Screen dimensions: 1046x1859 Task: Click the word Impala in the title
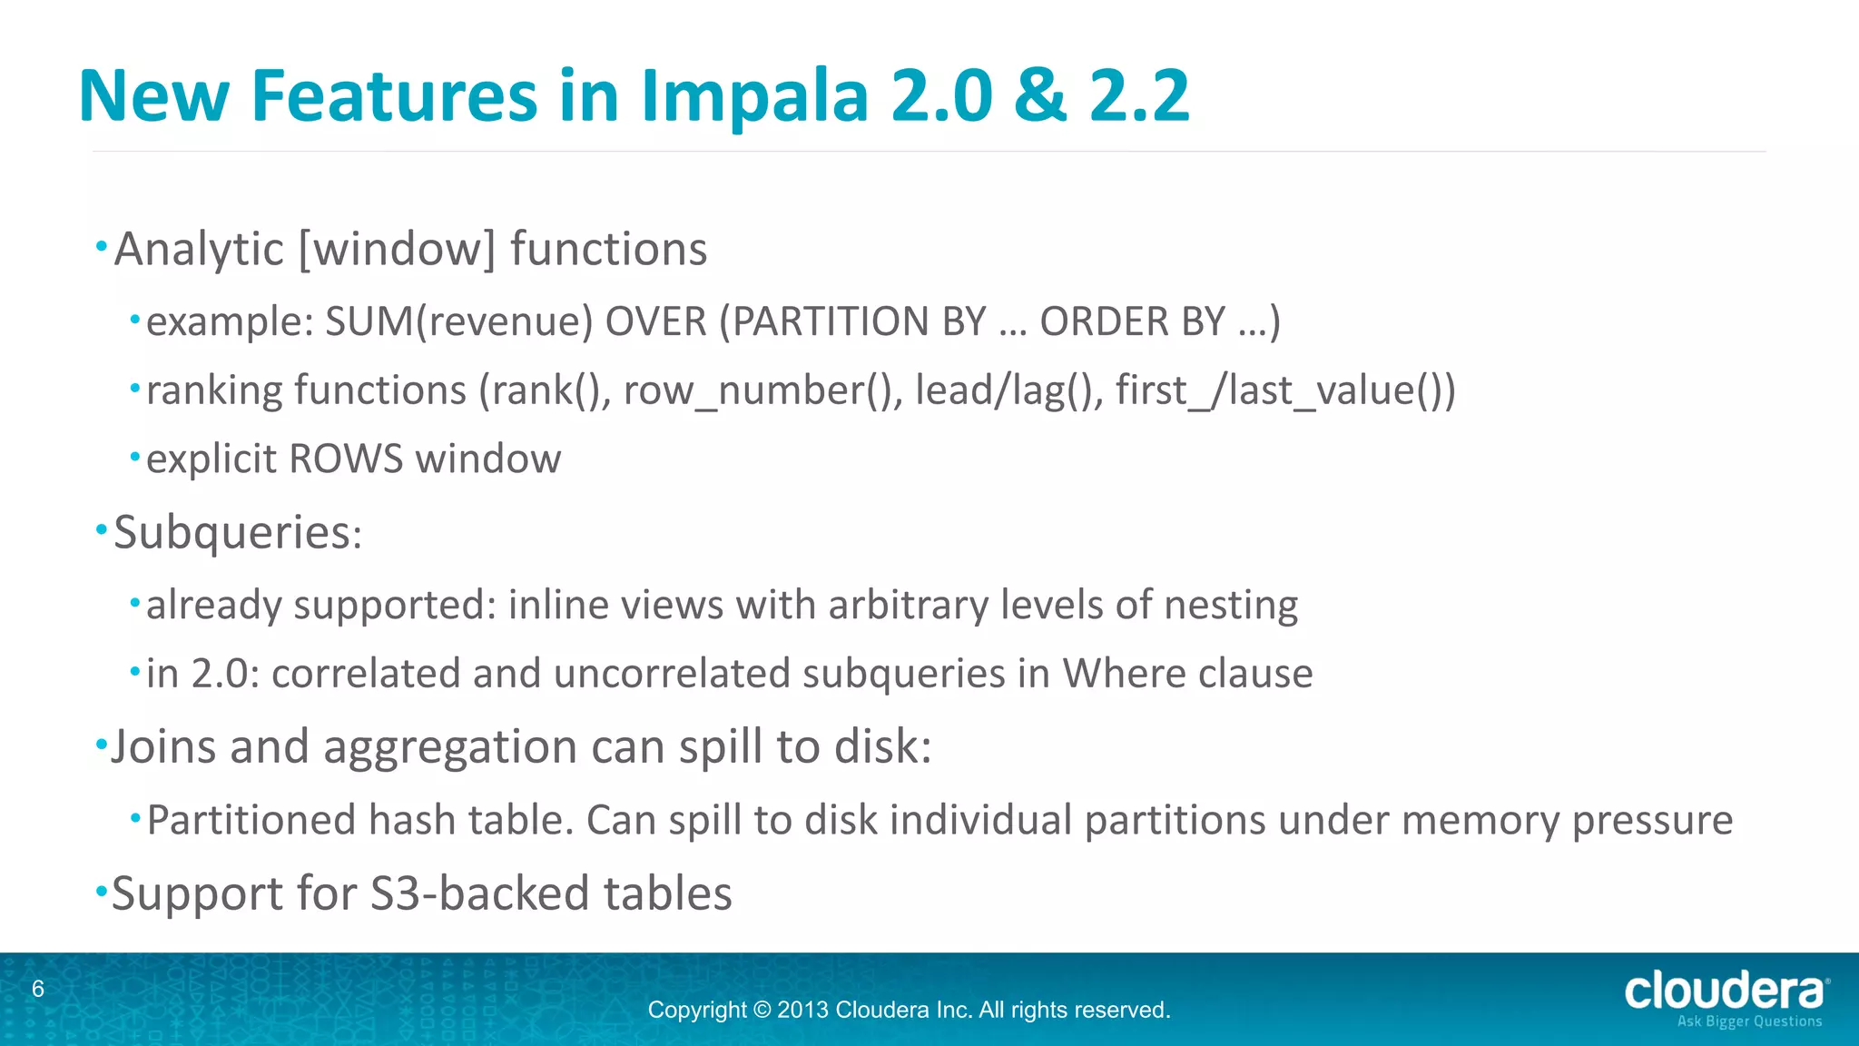tap(754, 96)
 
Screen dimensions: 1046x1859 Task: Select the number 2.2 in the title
tap(1138, 96)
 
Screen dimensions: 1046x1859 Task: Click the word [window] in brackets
tap(397, 250)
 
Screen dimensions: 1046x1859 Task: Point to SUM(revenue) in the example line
tap(458, 322)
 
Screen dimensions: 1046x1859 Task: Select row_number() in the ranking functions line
tap(759, 391)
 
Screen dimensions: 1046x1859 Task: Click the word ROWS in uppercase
tap(345, 459)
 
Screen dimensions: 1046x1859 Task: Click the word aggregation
tap(449, 748)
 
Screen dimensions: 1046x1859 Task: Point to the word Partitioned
tap(251, 821)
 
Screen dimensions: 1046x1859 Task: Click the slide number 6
tap(38, 990)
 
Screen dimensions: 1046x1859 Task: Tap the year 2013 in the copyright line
tap(802, 1011)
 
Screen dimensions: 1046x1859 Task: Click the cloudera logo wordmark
tap(1723, 991)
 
